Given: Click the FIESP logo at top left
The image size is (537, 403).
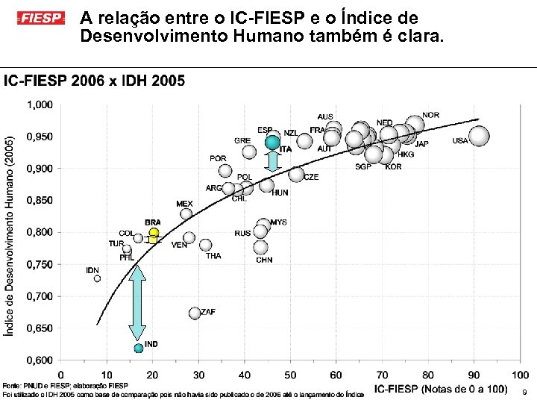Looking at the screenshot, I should pyautogui.click(x=42, y=17).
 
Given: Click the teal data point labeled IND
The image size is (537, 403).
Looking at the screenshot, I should pyautogui.click(x=138, y=348).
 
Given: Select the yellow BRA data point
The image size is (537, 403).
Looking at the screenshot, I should pyautogui.click(x=154, y=233).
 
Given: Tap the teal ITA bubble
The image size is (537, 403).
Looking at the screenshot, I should pyautogui.click(x=273, y=143).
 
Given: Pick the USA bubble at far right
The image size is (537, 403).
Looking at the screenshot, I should pyautogui.click(x=479, y=136).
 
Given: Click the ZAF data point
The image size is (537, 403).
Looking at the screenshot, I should pyautogui.click(x=195, y=313).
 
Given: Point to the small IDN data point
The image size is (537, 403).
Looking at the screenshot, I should pyautogui.click(x=97, y=278).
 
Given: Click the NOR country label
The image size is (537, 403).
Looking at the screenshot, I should pyautogui.click(x=430, y=116).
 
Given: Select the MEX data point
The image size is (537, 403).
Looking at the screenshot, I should pyautogui.click(x=186, y=213).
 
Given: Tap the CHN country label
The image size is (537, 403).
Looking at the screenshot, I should pyautogui.click(x=264, y=260).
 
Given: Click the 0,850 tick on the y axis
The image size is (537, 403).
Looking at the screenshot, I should pyautogui.click(x=40, y=200).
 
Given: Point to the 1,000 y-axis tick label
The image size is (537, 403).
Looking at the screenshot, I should pyautogui.click(x=40, y=104).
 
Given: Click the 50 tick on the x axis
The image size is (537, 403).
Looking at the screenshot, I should pyautogui.click(x=291, y=375).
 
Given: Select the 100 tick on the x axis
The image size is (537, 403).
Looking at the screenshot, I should pyautogui.click(x=520, y=375).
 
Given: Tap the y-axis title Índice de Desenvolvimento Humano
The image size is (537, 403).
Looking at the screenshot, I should pyautogui.click(x=10, y=235).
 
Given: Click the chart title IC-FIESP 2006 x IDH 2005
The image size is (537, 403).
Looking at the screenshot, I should pyautogui.click(x=95, y=81).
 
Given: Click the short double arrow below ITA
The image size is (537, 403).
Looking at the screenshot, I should pyautogui.click(x=273, y=162).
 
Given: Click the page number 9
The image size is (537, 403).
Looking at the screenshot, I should pyautogui.click(x=525, y=392).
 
